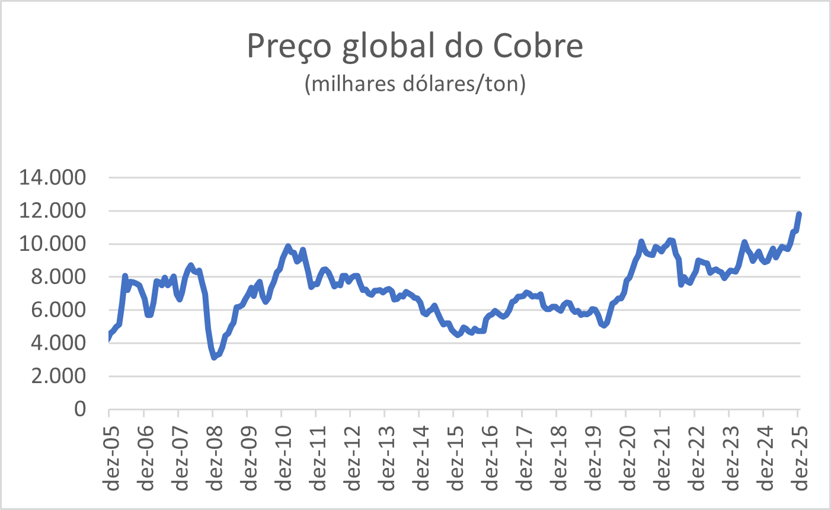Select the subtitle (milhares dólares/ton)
tap(415, 84)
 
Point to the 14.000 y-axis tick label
tap(53, 177)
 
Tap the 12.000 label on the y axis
tap(53, 211)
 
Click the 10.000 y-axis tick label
tap(53, 244)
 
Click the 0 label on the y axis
tap(79, 409)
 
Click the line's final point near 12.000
tap(799, 214)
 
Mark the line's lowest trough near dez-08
tap(214, 357)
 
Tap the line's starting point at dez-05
tap(109, 337)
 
